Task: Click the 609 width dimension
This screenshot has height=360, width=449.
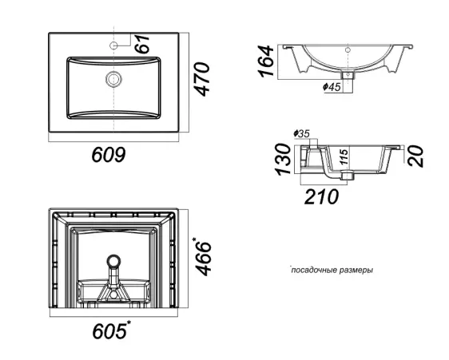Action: tap(109, 155)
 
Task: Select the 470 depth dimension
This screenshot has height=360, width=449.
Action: tap(202, 79)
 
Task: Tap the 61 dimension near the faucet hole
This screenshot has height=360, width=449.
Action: tap(142, 43)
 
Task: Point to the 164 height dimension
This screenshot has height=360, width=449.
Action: tap(266, 61)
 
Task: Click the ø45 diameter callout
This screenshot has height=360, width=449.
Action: tap(332, 86)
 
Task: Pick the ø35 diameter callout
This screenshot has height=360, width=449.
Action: tap(301, 133)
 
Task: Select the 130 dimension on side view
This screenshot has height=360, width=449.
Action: tap(283, 160)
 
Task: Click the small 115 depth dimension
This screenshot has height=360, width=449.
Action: tap(344, 156)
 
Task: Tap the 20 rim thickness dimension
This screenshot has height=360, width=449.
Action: tap(415, 156)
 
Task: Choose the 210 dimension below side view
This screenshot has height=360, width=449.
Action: tap(321, 196)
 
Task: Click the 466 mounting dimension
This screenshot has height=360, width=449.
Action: tap(203, 256)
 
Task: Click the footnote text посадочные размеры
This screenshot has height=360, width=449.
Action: tap(332, 270)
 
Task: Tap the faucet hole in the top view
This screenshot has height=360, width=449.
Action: tap(114, 45)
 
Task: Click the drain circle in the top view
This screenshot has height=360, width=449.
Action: tap(113, 79)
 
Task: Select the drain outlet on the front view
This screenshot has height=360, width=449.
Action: tap(348, 75)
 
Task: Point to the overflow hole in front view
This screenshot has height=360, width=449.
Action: tap(348, 50)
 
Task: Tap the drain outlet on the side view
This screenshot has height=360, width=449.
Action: tap(348, 175)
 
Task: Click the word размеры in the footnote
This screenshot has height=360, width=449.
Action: tap(356, 271)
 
